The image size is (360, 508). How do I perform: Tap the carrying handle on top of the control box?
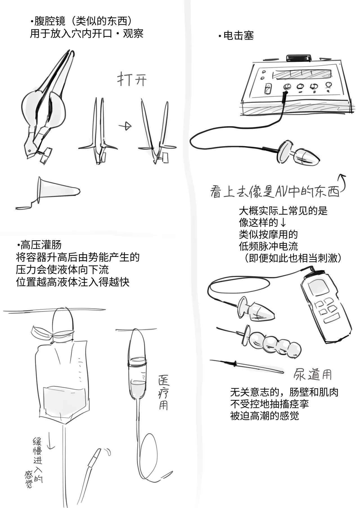pos(299,58)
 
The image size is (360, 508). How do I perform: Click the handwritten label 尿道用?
pos(312,374)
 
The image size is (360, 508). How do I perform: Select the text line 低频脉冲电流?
pos(268,246)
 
